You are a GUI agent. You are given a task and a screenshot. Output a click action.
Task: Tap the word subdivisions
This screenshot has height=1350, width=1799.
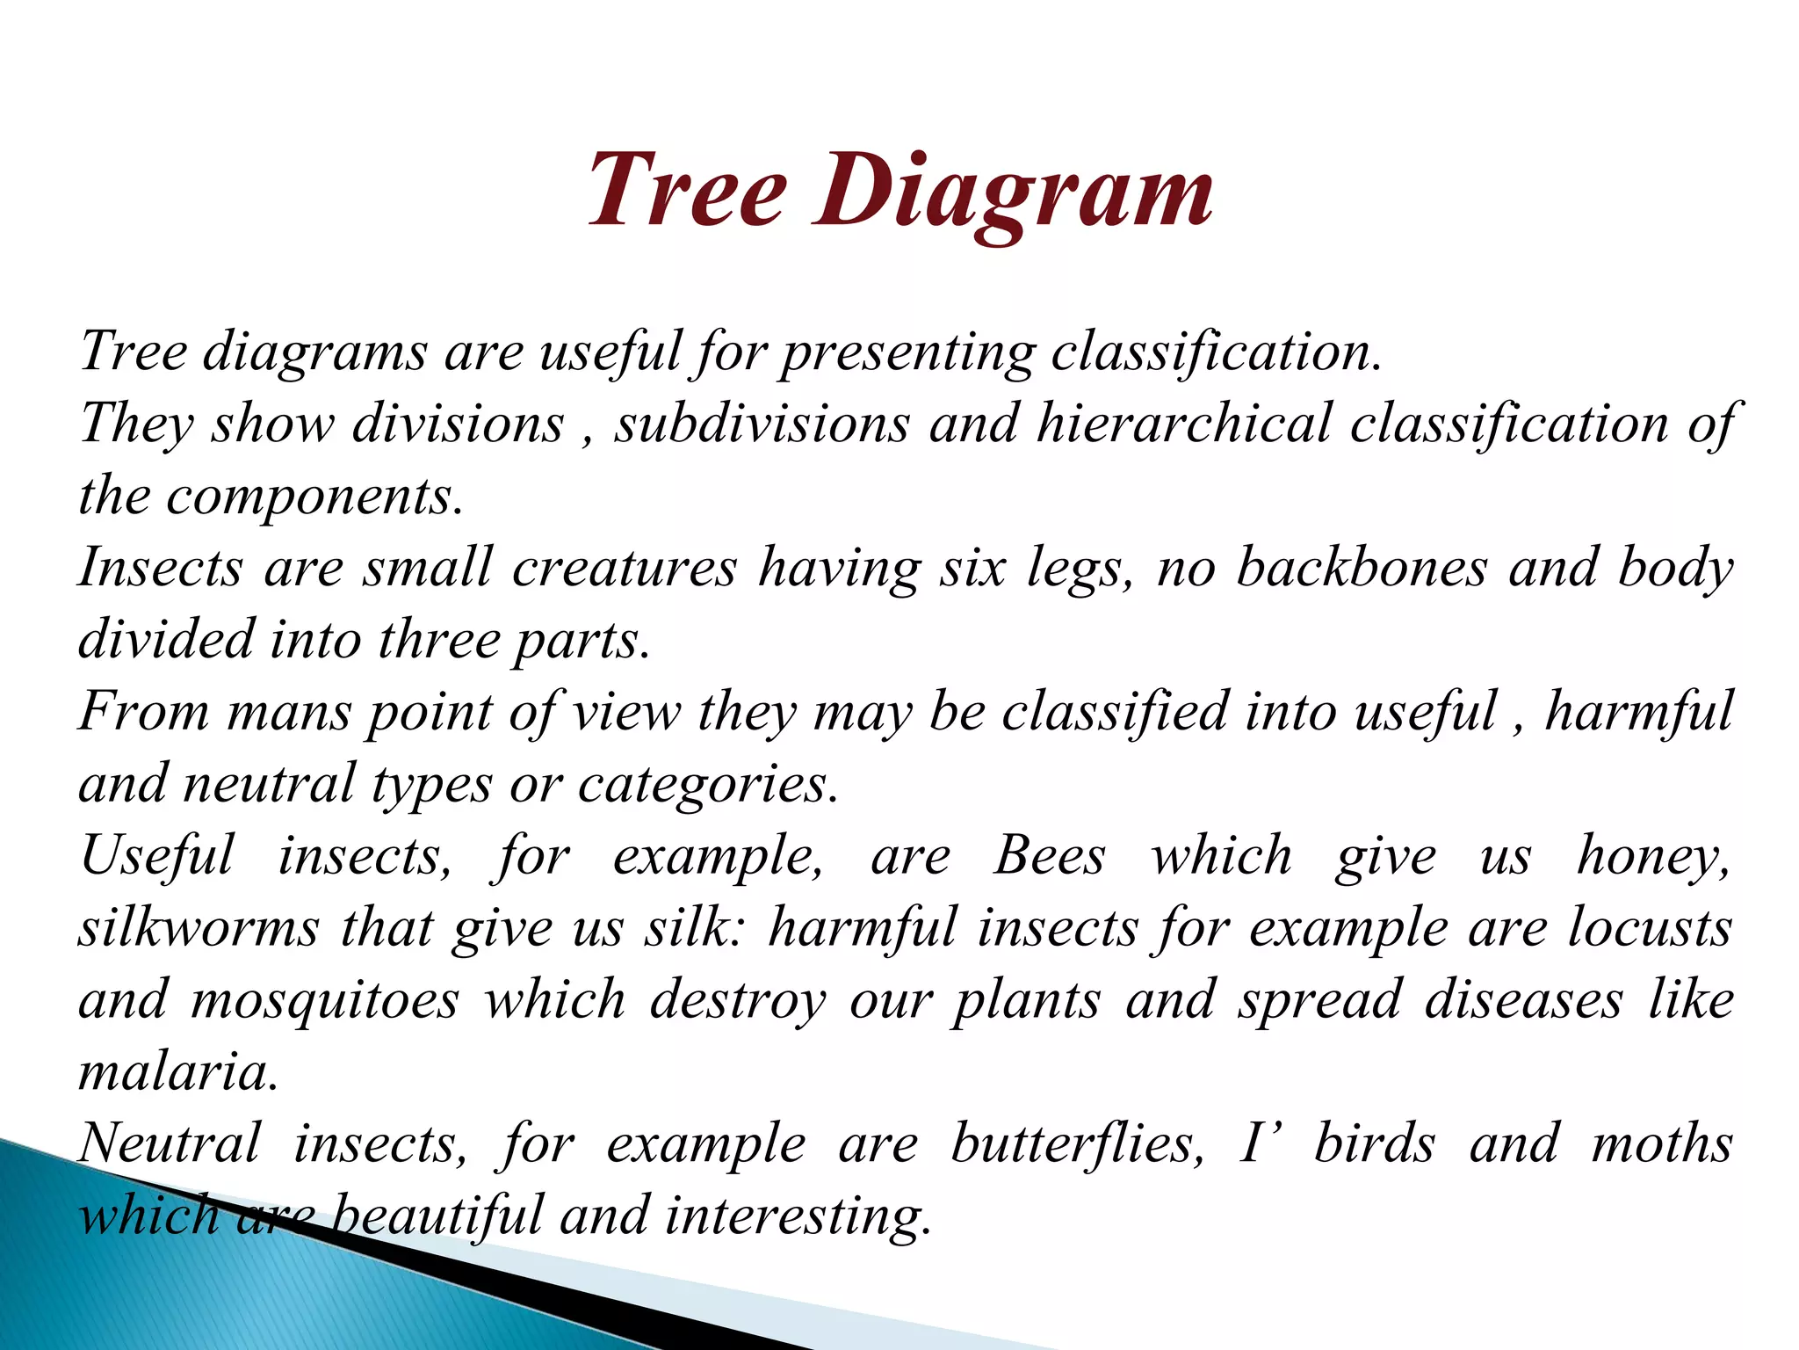[x=762, y=424]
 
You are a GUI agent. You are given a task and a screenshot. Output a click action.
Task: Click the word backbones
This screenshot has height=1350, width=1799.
[x=1362, y=568]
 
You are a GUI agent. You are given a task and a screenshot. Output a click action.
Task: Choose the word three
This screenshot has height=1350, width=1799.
[x=438, y=640]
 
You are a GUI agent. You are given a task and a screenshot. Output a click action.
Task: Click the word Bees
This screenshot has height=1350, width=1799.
[x=1049, y=855]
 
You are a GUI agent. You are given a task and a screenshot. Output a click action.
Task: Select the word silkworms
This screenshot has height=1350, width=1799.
[x=199, y=928]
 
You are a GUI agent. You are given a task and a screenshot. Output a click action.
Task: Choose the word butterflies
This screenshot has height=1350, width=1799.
[x=1077, y=1144]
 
